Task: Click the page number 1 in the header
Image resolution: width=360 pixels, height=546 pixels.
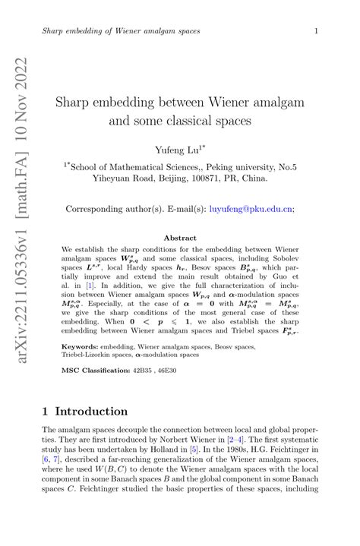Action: point(315,30)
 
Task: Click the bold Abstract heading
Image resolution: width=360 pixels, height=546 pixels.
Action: point(180,238)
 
